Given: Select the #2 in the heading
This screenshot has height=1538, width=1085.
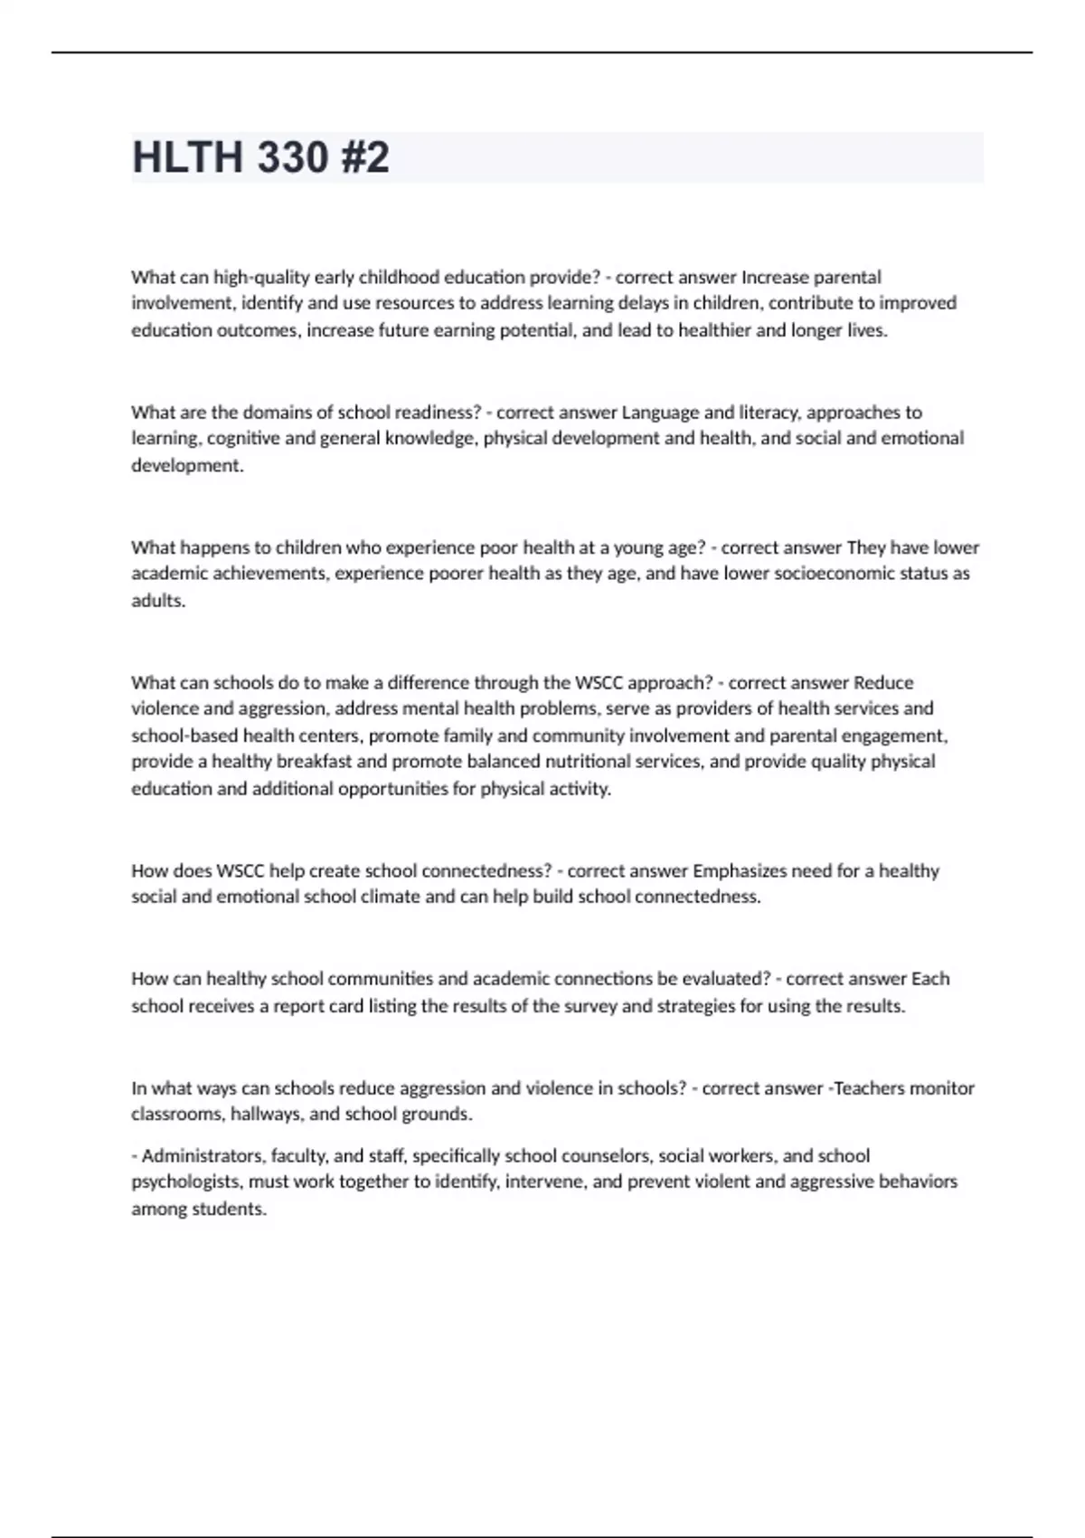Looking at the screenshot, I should tap(365, 157).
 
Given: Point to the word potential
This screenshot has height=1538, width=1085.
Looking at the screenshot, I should tap(539, 330).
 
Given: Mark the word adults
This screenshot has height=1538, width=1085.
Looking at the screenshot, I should tap(158, 601).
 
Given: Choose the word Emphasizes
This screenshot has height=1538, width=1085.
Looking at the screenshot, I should tap(739, 871).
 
